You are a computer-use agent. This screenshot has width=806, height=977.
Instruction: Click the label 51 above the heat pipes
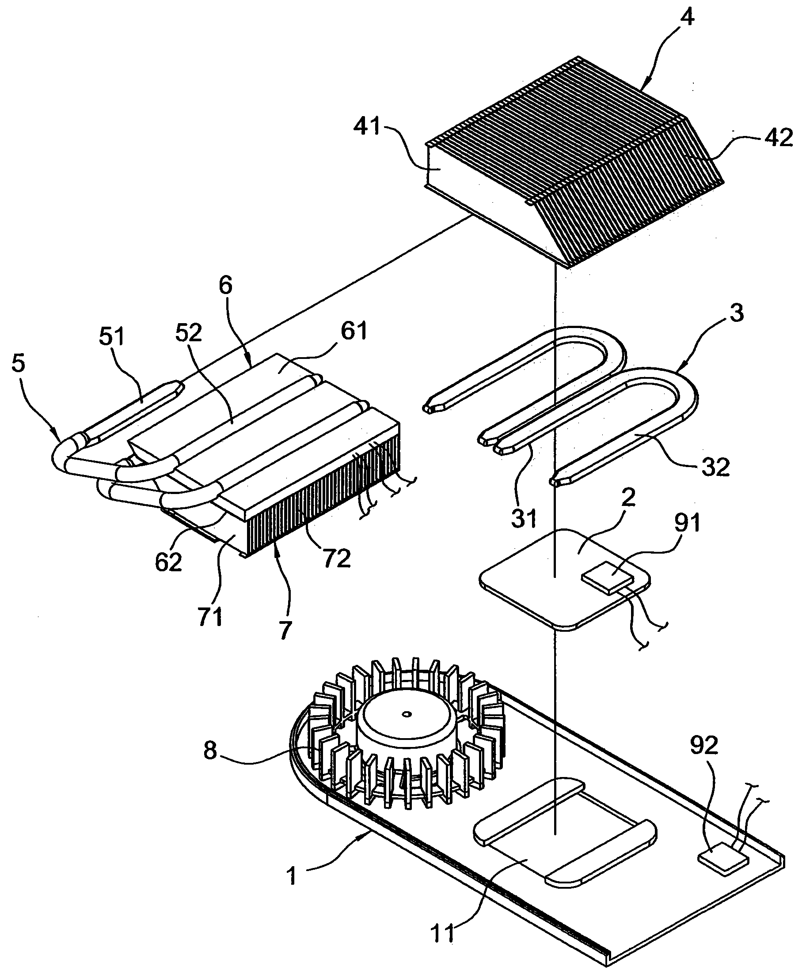[x=112, y=336]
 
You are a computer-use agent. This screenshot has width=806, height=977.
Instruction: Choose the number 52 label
[x=189, y=332]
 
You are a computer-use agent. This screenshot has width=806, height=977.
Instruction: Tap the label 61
[x=354, y=331]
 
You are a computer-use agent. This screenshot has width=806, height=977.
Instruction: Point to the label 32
[x=715, y=467]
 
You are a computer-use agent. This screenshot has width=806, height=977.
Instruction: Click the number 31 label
[x=524, y=518]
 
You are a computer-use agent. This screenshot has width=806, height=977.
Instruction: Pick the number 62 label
[x=168, y=563]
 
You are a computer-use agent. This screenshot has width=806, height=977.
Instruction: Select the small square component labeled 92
[x=723, y=860]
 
